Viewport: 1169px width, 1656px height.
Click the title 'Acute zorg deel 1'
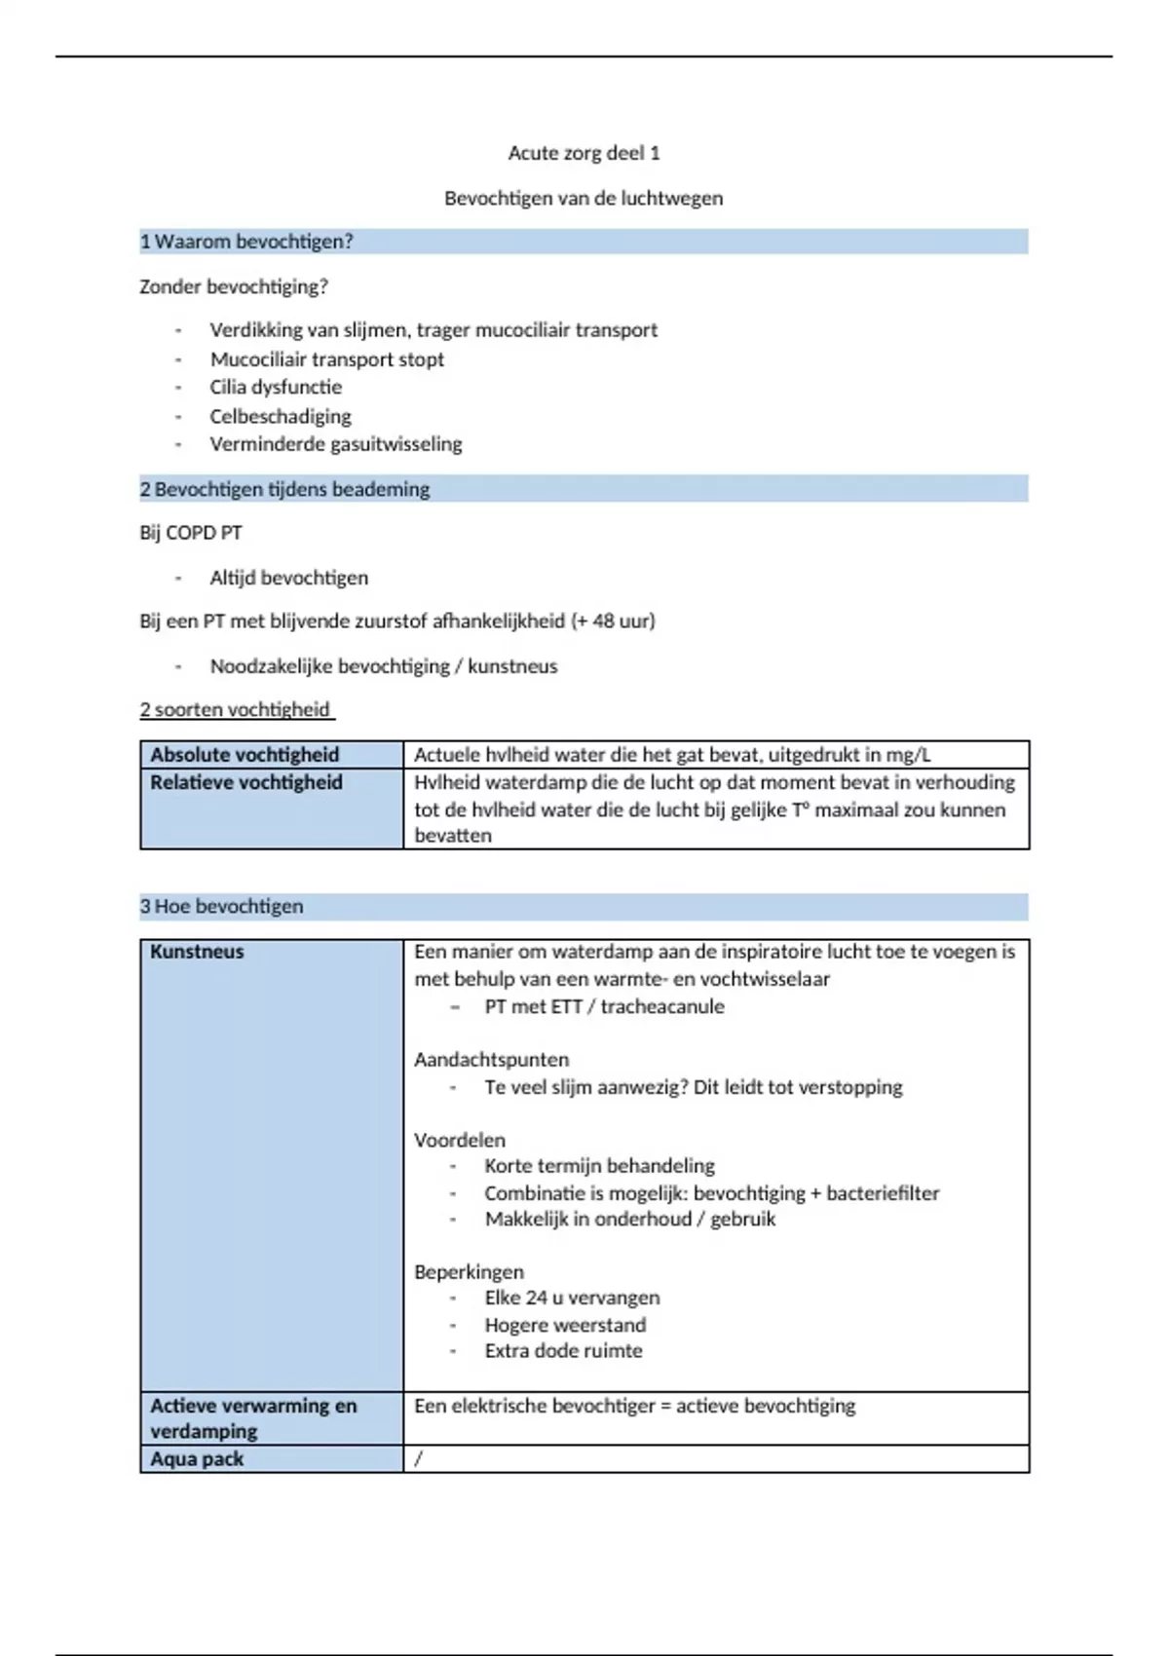coord(584,153)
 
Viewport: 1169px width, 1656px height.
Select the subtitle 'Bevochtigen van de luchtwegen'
coord(584,199)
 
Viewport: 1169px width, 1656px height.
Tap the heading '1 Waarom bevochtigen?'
coord(246,242)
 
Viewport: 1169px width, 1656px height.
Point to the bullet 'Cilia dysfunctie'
coord(276,388)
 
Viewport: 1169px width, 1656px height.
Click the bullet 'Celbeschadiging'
coord(281,417)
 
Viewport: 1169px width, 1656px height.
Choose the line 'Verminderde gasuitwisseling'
coord(336,444)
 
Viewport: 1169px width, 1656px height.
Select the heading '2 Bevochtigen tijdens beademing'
coord(284,489)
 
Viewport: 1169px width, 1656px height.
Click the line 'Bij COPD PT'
coord(191,533)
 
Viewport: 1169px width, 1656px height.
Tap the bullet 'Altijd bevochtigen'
coord(289,578)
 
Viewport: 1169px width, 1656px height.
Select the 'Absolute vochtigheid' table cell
coord(245,755)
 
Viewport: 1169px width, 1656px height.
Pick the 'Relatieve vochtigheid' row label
coord(246,782)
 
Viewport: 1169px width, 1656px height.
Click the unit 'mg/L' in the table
coord(908,755)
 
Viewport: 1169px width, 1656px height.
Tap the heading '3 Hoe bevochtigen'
coord(222,907)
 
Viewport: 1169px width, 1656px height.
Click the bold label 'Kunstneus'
coord(197,952)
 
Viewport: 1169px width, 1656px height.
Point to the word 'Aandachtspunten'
coord(491,1060)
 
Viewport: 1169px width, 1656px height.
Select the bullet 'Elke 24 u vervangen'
coord(572,1298)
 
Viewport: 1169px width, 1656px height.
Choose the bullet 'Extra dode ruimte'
coord(563,1351)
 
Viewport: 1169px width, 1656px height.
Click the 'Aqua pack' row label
coord(197,1459)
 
